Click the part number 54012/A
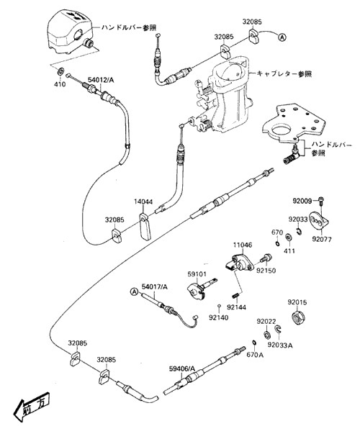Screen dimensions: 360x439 [101, 80]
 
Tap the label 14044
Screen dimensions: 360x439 [143, 202]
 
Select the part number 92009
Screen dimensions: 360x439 [302, 201]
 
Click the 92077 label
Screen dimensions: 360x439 [322, 240]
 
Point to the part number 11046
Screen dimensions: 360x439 [243, 245]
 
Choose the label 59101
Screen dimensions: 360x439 [197, 273]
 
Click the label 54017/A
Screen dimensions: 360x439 [155, 286]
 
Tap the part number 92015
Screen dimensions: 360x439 [297, 302]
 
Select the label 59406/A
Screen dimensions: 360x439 [182, 368]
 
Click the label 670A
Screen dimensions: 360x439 [255, 355]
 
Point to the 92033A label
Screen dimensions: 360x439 [280, 345]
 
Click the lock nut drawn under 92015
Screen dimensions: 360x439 [298, 318]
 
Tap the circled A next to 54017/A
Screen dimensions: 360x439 [135, 292]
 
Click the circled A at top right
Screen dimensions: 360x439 [282, 37]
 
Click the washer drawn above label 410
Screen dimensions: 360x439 [60, 71]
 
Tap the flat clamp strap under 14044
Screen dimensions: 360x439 [145, 227]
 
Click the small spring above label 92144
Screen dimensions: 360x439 [235, 295]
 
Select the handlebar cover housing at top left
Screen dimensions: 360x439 [70, 31]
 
